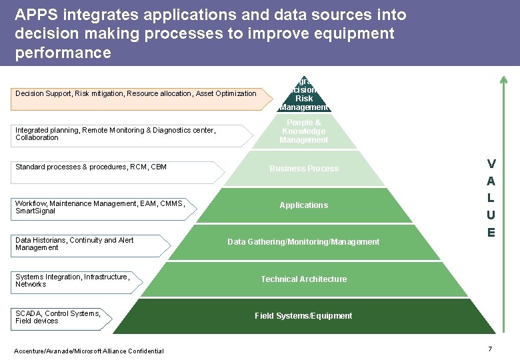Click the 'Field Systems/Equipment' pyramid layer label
point(303,316)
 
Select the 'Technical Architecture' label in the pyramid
point(303,279)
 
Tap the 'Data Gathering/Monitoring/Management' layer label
point(303,242)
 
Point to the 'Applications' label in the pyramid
point(303,205)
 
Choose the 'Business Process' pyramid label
point(303,169)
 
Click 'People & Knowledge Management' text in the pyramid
point(303,131)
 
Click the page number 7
point(490,349)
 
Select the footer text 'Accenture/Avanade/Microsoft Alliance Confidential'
point(89,351)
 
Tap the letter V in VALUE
point(491,163)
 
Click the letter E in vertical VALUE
point(491,233)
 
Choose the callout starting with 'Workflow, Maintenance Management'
point(100,207)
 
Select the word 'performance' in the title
point(63,52)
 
